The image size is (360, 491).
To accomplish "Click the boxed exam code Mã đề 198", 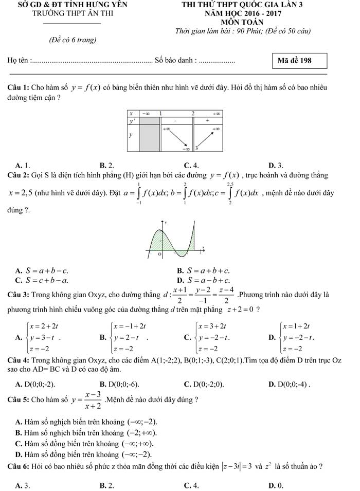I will click(x=294, y=61).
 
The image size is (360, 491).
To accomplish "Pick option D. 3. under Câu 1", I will click(x=276, y=165).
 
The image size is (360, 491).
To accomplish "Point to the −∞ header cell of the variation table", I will click(x=147, y=113).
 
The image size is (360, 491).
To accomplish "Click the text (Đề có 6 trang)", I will click(x=72, y=39).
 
